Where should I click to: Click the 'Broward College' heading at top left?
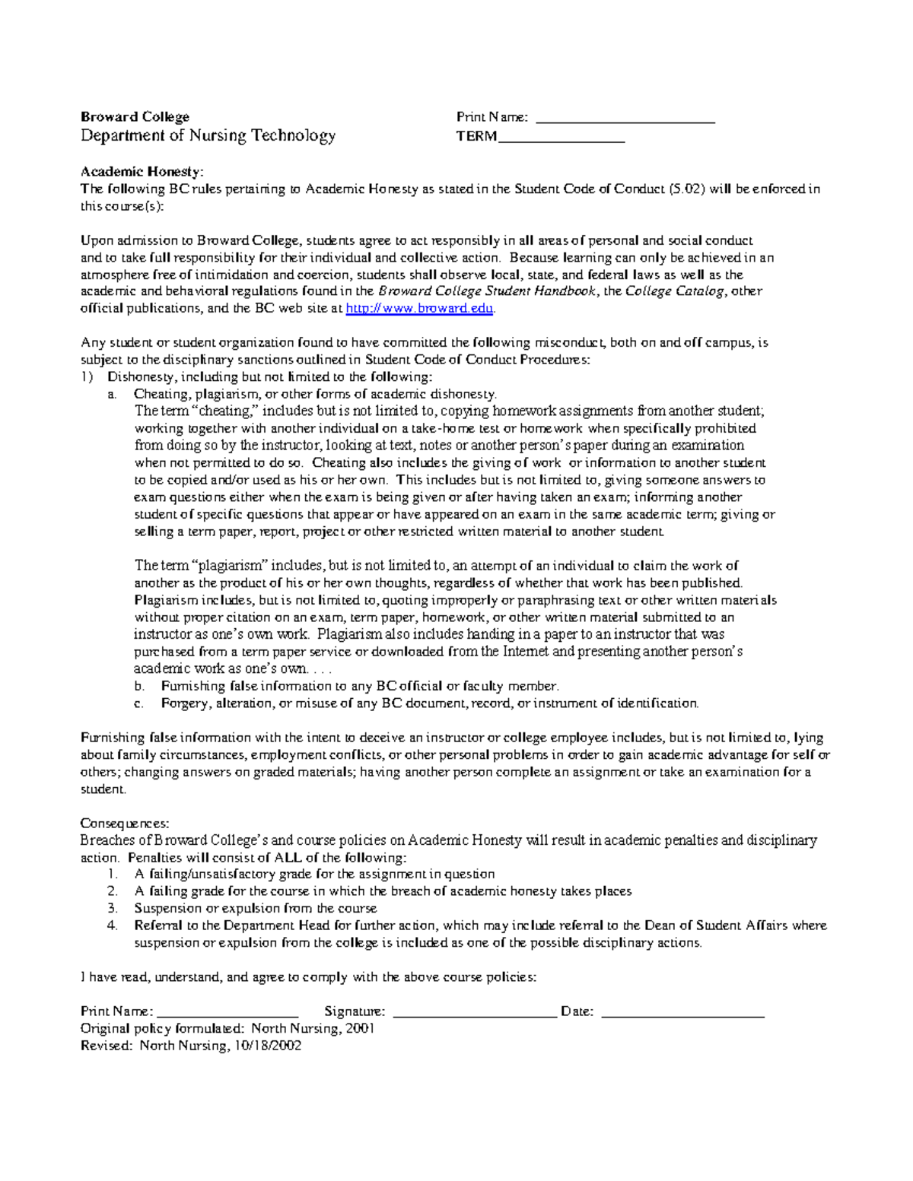pyautogui.click(x=135, y=116)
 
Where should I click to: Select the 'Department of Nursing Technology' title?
pyautogui.click(x=208, y=136)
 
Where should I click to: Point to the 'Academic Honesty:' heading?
pyautogui.click(x=142, y=172)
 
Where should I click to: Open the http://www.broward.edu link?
pyautogui.click(x=420, y=309)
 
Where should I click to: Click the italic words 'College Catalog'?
pyautogui.click(x=674, y=291)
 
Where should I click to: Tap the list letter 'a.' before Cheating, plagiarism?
pyautogui.click(x=112, y=395)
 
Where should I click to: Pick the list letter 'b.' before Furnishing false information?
pyautogui.click(x=138, y=686)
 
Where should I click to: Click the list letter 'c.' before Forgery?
pyautogui.click(x=138, y=703)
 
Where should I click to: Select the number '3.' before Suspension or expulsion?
pyautogui.click(x=113, y=909)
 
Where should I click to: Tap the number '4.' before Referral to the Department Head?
pyautogui.click(x=113, y=925)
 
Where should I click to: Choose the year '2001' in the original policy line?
pyautogui.click(x=360, y=1029)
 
